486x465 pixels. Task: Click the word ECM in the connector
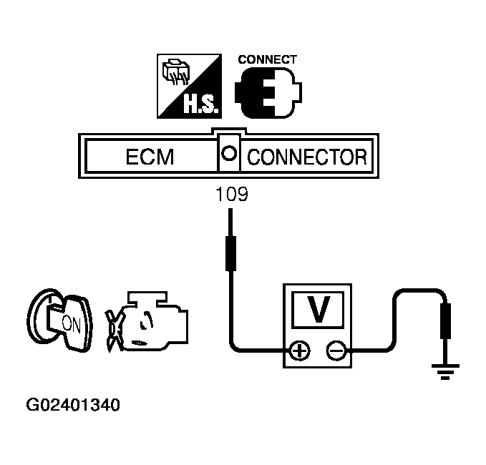[x=150, y=155]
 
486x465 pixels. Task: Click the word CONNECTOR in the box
[x=306, y=155]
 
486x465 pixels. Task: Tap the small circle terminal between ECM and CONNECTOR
[x=230, y=153]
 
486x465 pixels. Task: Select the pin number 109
[x=231, y=194]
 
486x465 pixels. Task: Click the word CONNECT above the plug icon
[x=267, y=59]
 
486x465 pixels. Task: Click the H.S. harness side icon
[x=189, y=87]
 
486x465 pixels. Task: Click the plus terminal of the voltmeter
[x=298, y=351]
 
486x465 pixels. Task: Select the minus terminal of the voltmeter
[x=335, y=351]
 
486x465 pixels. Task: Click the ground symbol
[x=444, y=370]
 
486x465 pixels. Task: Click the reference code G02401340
[x=73, y=406]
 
